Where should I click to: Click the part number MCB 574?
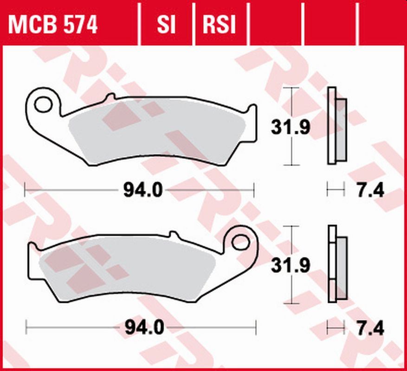[53, 25]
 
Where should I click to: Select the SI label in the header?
[166, 25]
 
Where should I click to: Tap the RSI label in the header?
[219, 25]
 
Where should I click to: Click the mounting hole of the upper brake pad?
[43, 104]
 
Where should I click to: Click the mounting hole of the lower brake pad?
[240, 242]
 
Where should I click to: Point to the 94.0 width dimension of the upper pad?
[142, 190]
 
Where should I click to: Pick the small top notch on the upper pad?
[110, 97]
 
